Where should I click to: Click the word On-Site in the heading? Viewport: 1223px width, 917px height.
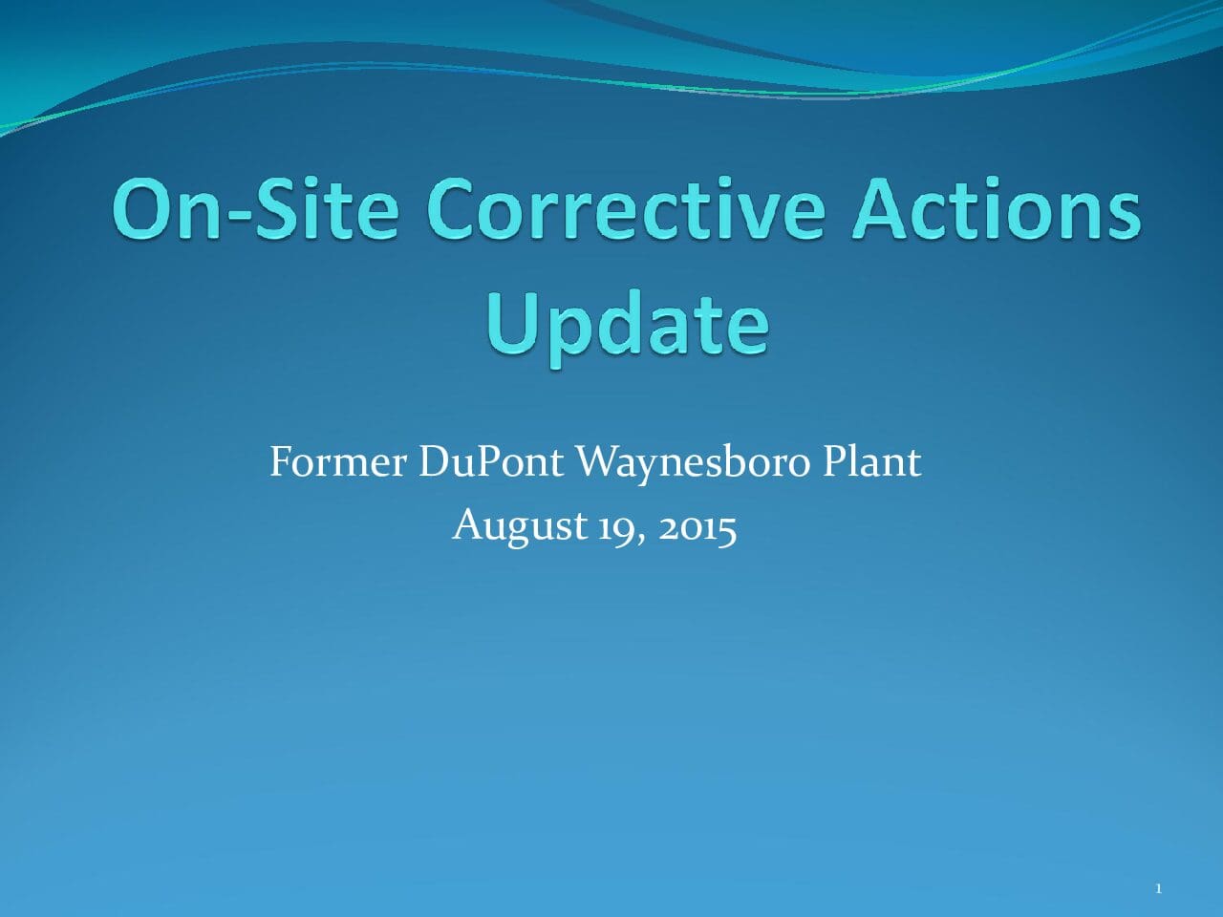point(255,208)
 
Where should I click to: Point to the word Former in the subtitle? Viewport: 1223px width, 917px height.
point(337,461)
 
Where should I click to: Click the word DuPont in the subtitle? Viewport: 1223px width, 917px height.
point(490,461)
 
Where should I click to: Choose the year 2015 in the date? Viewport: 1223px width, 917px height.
point(697,527)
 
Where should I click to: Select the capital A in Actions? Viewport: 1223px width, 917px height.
point(879,209)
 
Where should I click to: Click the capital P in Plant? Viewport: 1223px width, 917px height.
point(835,461)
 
